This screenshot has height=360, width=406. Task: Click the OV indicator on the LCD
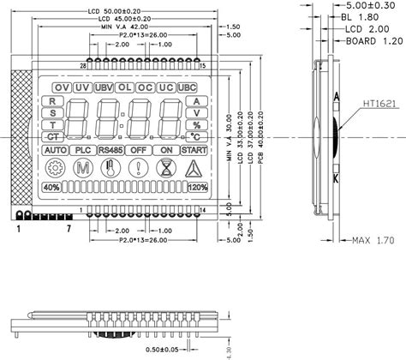(61, 88)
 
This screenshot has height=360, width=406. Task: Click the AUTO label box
(55, 150)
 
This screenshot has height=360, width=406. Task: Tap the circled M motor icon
(82, 168)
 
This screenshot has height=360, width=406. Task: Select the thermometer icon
(107, 168)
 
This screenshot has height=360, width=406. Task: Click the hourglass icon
(163, 168)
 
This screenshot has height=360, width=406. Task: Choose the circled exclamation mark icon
(135, 168)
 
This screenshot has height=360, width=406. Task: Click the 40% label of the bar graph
(51, 188)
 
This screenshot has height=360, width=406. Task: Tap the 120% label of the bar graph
(197, 188)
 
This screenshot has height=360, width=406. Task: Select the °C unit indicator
(196, 135)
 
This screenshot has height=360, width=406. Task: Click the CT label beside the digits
(54, 136)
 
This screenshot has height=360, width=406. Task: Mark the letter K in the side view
(336, 177)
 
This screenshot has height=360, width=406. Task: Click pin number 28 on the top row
(82, 66)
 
